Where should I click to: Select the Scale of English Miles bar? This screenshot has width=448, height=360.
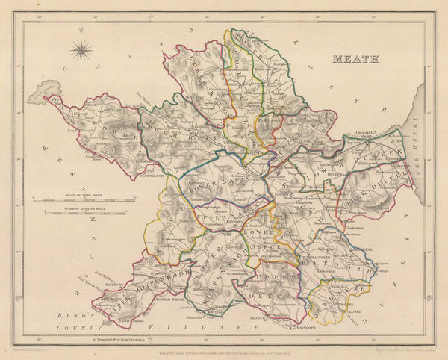coord(73,214)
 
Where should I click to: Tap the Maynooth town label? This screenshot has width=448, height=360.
coord(300,326)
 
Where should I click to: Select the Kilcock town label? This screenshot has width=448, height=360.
coord(262,317)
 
